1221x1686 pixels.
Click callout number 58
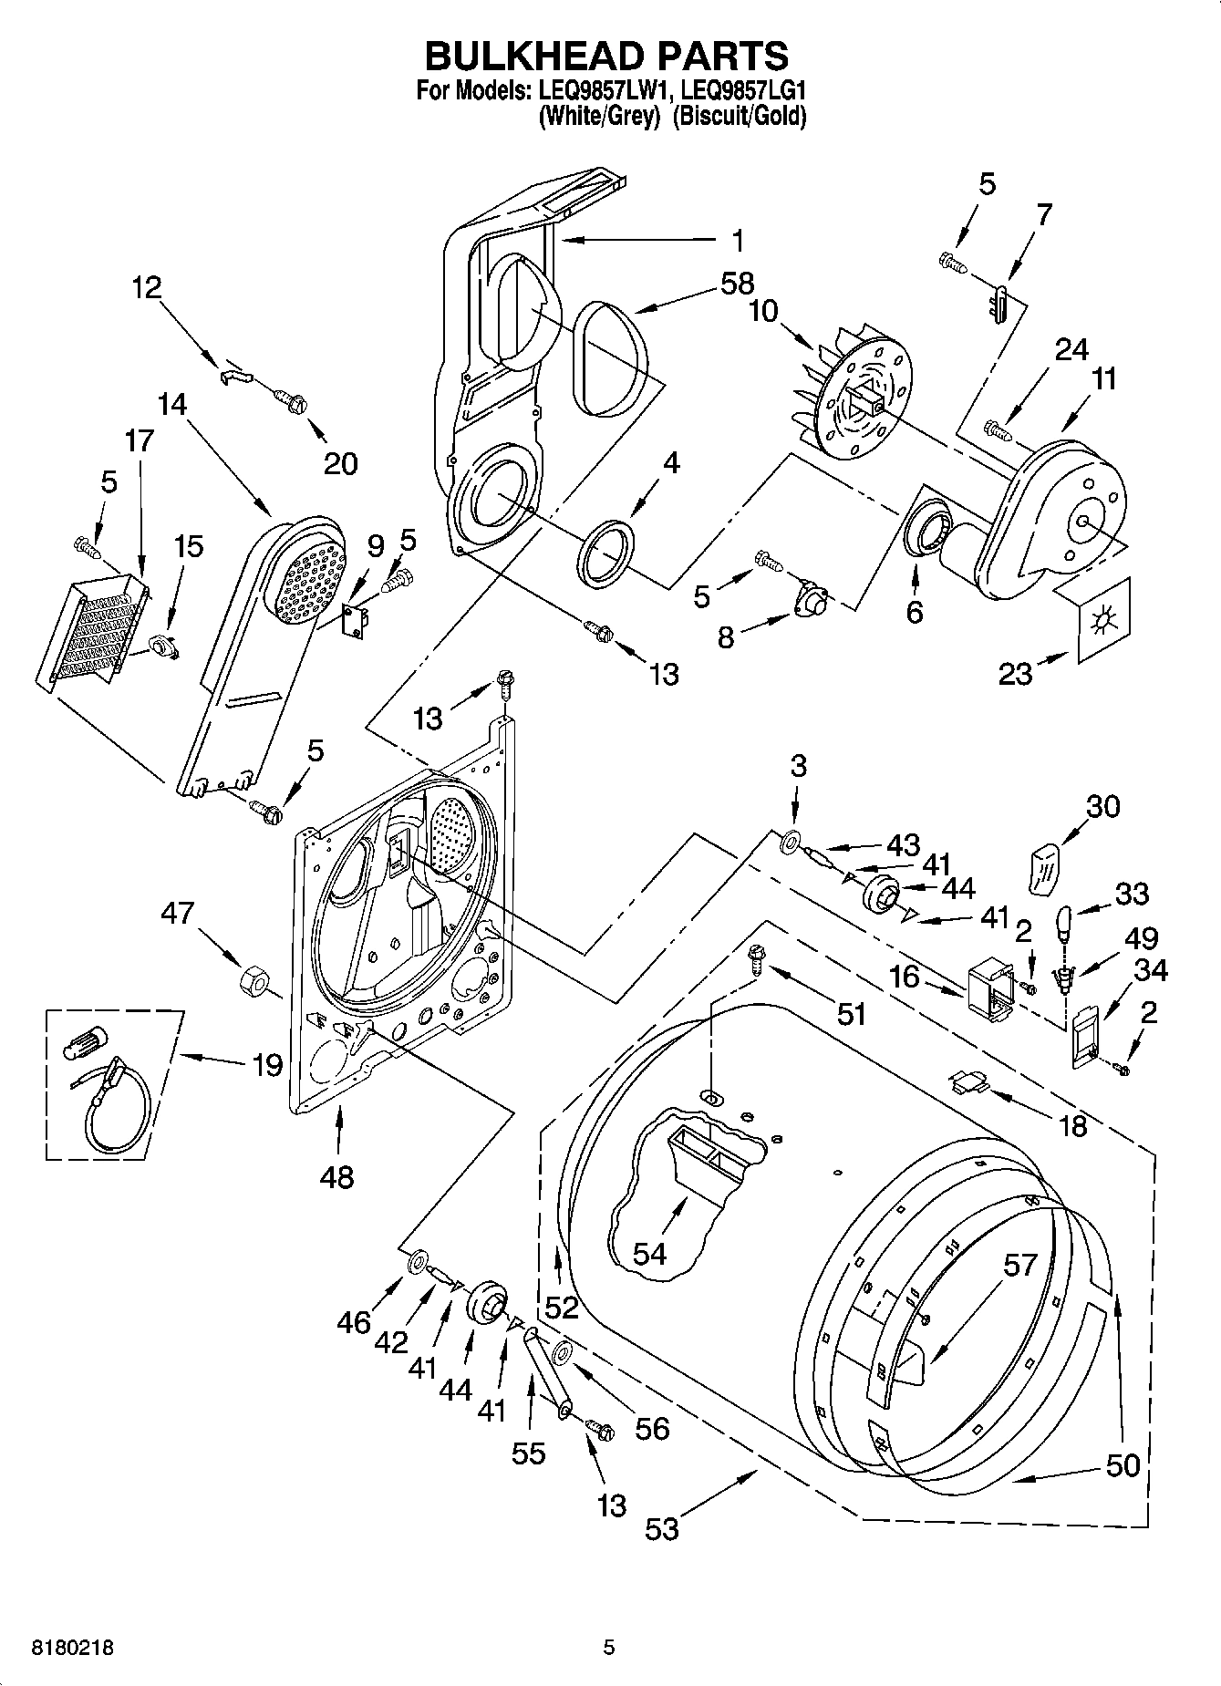coord(736,284)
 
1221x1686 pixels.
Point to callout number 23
coord(1015,674)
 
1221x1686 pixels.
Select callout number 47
coord(178,913)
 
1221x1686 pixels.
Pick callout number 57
coord(1020,1265)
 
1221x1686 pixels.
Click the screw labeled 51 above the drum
coord(756,956)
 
